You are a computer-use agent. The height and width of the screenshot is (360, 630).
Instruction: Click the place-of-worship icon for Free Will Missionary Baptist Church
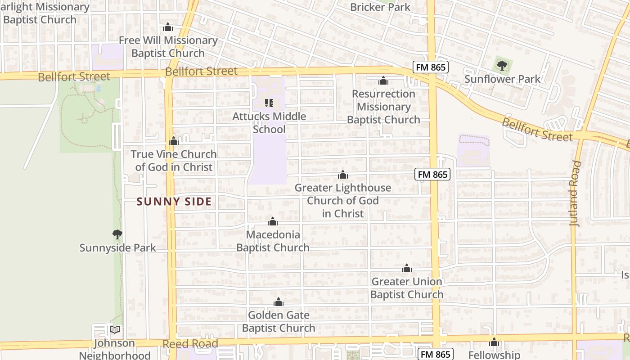click(x=168, y=27)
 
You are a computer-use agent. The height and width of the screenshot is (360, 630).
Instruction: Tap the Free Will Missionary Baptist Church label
click(x=168, y=47)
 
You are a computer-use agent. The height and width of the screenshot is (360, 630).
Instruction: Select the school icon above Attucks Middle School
click(x=269, y=103)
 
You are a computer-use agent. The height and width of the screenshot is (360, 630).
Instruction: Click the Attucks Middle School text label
click(x=269, y=123)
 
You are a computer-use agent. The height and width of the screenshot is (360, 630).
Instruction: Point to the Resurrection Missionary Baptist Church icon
click(x=383, y=81)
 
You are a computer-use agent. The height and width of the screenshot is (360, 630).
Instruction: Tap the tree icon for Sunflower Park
click(x=502, y=66)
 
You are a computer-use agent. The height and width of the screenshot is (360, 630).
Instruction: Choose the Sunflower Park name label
click(x=502, y=79)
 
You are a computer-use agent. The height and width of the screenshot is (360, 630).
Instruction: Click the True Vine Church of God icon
click(x=174, y=141)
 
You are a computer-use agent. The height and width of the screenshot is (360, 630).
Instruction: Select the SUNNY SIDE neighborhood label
click(x=174, y=202)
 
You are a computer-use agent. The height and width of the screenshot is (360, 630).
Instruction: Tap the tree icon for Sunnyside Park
click(x=117, y=234)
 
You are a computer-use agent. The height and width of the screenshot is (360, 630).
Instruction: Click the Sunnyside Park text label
click(x=117, y=248)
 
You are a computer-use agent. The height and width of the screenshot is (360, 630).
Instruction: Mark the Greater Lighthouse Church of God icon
click(x=343, y=175)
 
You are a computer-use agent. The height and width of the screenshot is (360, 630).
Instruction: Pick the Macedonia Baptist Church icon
click(x=273, y=221)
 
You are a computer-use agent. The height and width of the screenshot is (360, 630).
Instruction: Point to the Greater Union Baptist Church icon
click(x=407, y=269)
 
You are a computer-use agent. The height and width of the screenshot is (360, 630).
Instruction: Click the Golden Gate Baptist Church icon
click(x=279, y=302)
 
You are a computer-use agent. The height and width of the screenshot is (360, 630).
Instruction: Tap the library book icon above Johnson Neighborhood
click(x=115, y=330)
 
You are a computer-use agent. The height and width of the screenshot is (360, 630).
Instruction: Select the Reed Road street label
click(x=190, y=344)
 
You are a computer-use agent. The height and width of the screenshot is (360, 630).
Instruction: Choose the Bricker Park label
click(x=380, y=7)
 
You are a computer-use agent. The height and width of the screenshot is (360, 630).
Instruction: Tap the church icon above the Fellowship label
click(x=494, y=342)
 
